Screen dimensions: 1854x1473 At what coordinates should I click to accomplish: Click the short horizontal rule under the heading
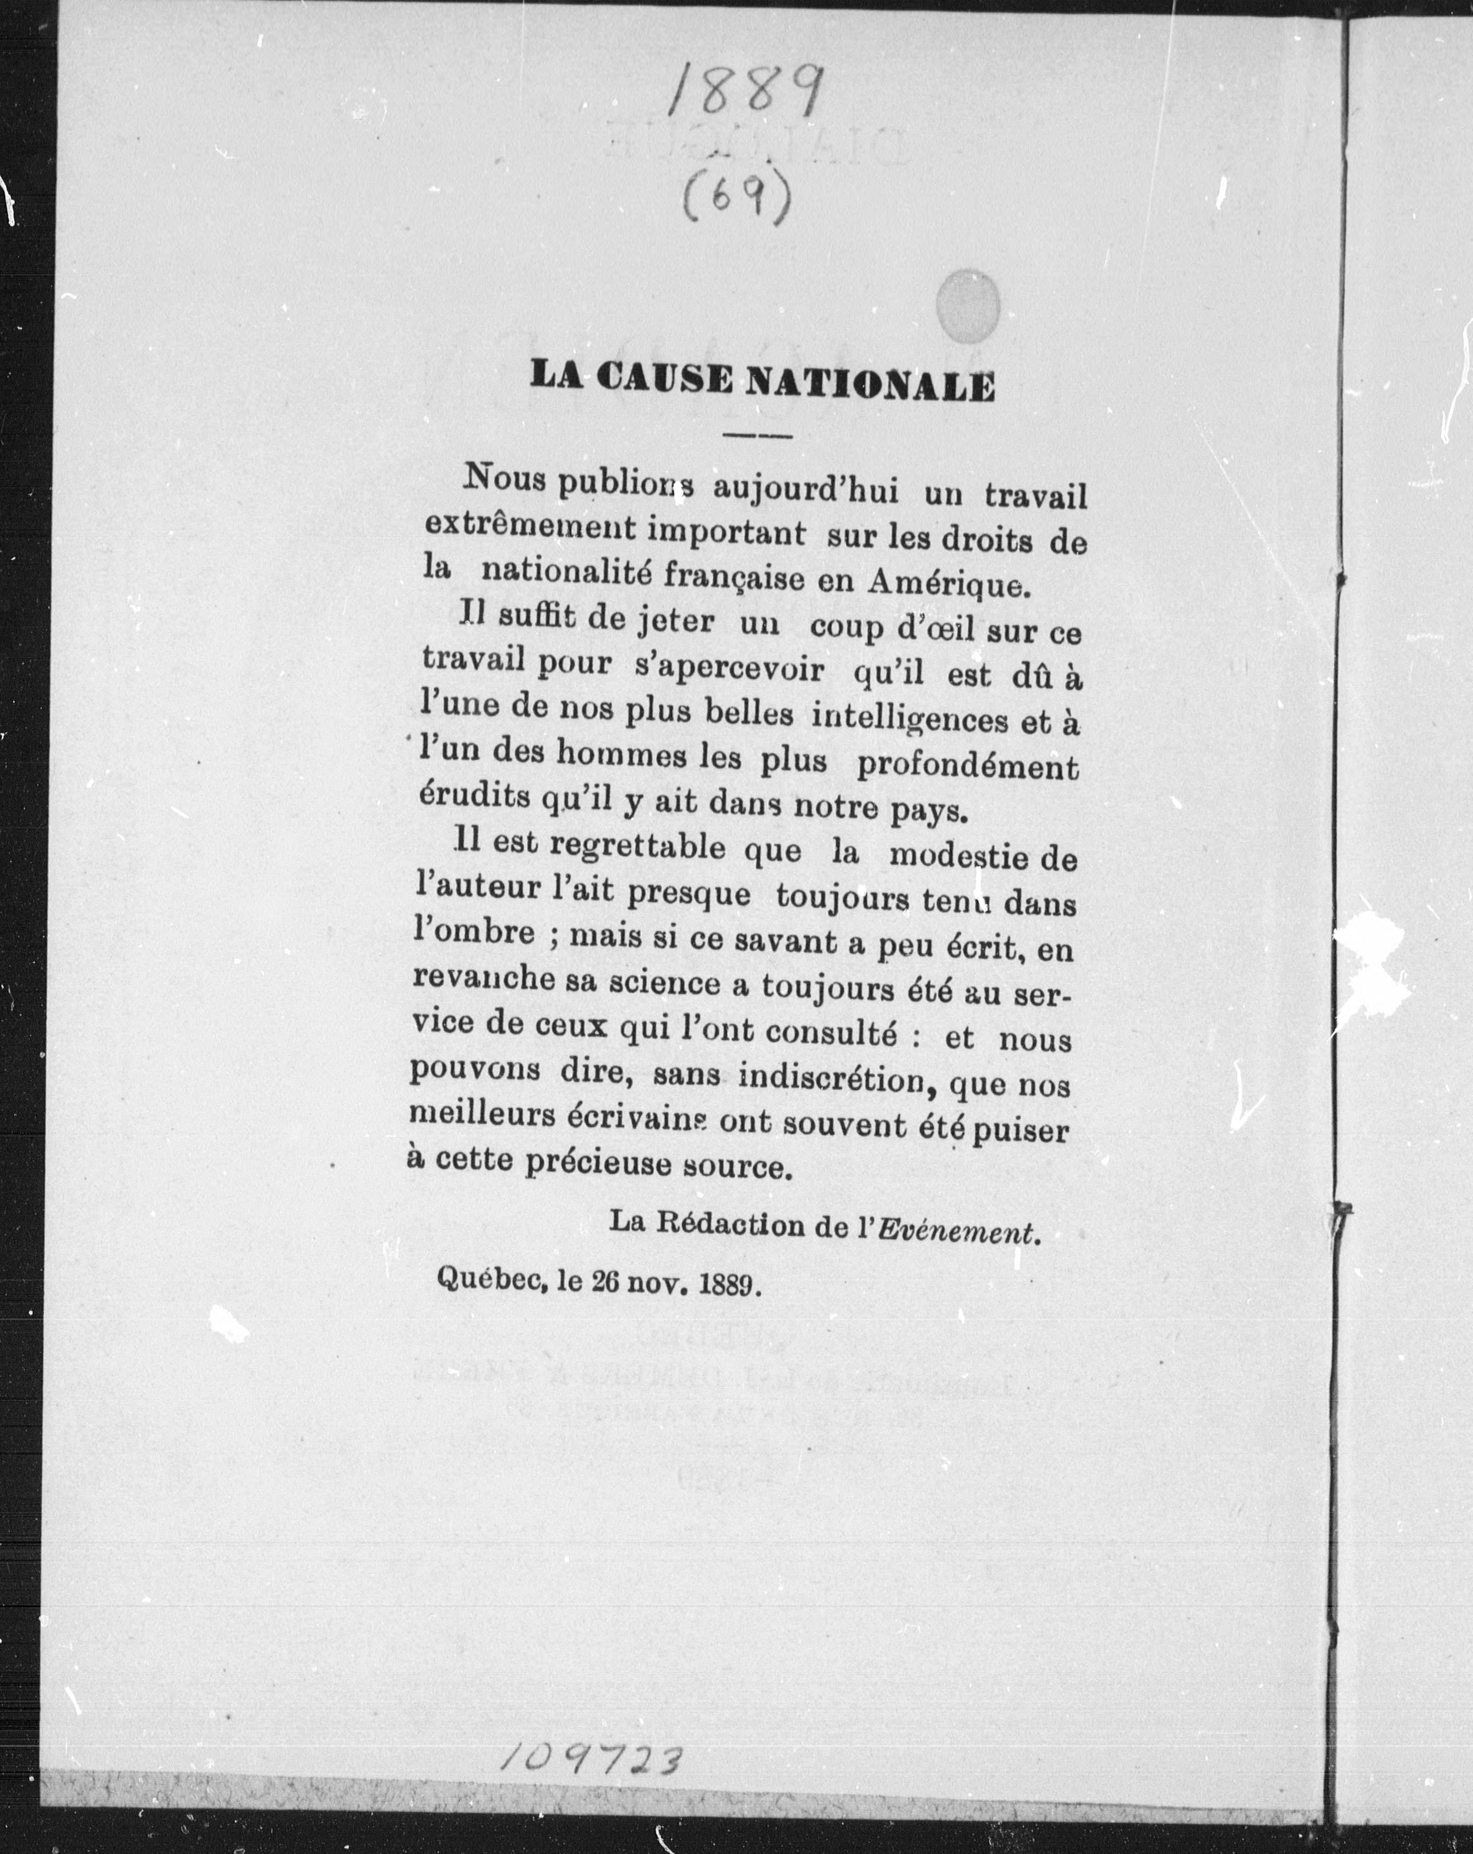pos(757,438)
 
